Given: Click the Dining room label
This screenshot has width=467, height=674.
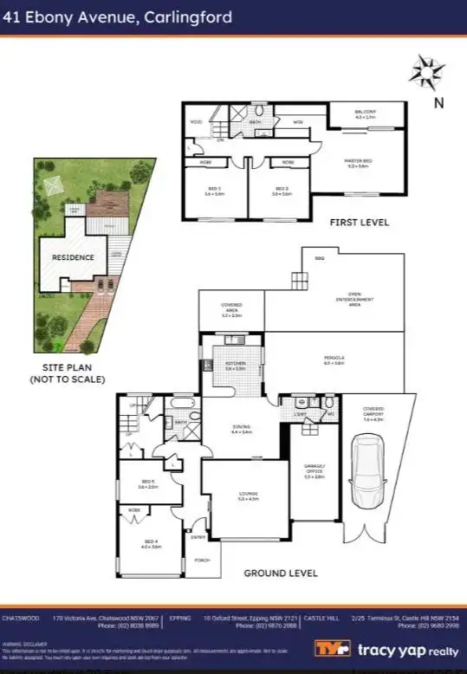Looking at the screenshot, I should [x=243, y=428].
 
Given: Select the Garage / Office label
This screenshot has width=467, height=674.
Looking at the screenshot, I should [x=314, y=474].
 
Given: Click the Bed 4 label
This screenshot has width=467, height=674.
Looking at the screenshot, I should [x=152, y=545].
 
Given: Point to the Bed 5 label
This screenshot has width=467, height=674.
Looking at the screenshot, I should [x=147, y=483].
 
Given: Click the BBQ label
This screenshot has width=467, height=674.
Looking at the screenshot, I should [x=319, y=257].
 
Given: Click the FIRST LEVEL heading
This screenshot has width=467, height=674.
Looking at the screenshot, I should [x=360, y=223].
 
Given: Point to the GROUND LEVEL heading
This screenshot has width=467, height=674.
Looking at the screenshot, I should [x=280, y=573].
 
